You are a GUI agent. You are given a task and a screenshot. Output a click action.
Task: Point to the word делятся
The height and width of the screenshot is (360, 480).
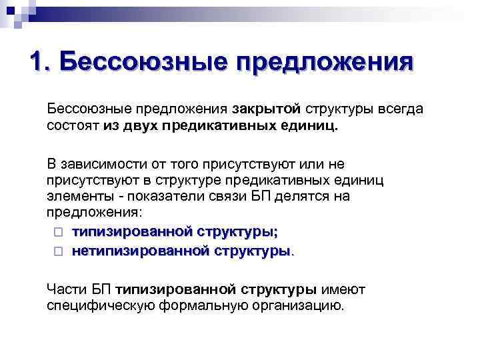click(291, 197)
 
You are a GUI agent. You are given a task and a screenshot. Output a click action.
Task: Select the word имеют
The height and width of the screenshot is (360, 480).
click(343, 289)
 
